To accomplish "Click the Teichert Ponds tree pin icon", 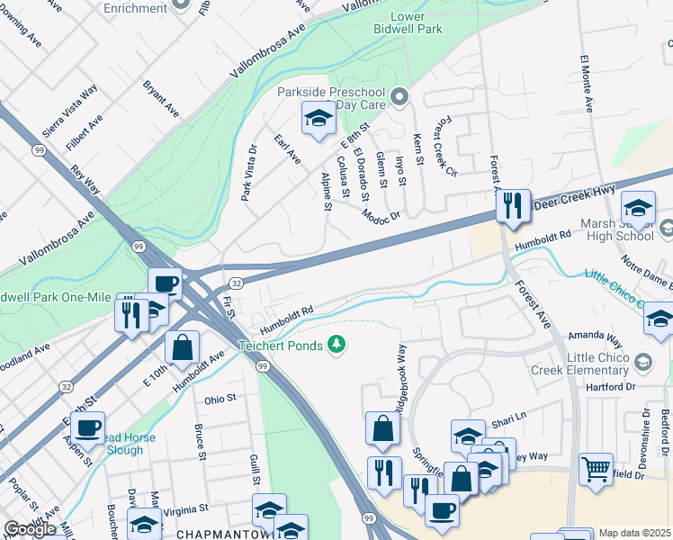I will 337,345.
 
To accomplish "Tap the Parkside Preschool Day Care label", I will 330,98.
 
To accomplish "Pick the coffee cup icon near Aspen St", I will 88,427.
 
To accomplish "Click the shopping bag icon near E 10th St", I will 182,347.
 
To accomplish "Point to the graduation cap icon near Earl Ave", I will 318,118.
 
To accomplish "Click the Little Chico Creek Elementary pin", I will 643,362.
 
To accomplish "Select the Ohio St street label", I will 220,398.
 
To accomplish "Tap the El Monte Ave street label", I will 587,83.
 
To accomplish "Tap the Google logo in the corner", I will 30,529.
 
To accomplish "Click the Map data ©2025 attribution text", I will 635,533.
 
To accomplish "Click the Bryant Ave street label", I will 160,98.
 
